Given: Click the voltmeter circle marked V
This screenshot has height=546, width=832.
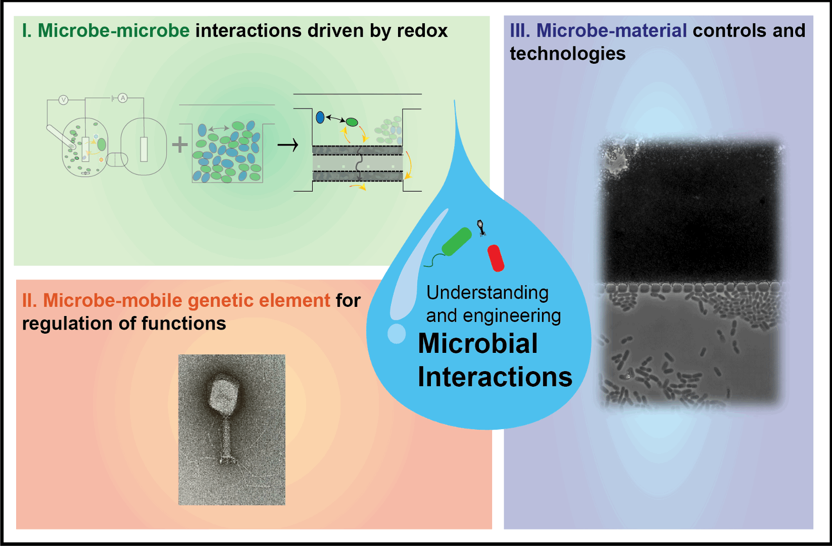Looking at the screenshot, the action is tap(64, 100).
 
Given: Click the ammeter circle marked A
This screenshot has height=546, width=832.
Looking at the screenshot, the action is tap(123, 98).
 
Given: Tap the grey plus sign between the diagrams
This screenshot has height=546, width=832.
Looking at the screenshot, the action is tap(180, 145).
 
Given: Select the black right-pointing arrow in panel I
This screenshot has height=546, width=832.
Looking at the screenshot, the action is tap(288, 145).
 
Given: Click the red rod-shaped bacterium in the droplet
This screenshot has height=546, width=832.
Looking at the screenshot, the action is tap(496, 258).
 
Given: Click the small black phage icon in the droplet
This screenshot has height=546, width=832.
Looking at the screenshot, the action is tap(481, 228).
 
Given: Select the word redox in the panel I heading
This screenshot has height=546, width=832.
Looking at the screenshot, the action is tap(422, 30).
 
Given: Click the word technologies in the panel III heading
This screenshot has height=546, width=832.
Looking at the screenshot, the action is tap(567, 54).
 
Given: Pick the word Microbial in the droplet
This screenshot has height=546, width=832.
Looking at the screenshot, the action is tap(478, 343).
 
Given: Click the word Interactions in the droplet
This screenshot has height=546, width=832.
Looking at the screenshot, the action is tap(495, 377).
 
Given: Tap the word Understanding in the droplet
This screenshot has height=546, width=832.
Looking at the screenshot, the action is tap(487, 293).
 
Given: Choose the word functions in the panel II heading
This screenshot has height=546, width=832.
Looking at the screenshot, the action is tap(184, 324).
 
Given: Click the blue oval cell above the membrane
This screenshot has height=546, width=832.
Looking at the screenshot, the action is tap(320, 117).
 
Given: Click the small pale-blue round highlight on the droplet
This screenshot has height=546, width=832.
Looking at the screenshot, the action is tap(397, 333).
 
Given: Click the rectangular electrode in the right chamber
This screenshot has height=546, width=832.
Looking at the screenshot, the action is tap(144, 149).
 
